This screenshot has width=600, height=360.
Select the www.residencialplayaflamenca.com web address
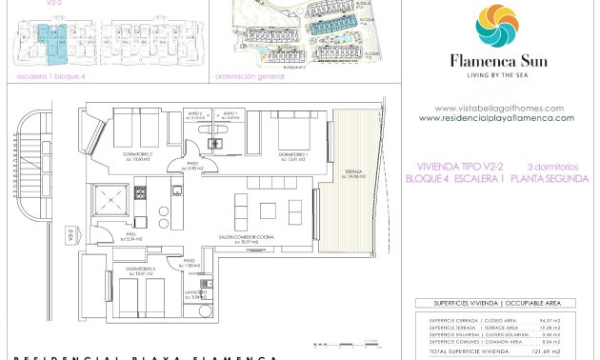[x=496, y=118]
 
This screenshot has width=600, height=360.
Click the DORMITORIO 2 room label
[x=137, y=155]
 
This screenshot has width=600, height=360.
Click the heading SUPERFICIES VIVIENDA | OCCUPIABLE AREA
[x=495, y=304]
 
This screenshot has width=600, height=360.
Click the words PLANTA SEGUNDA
[x=550, y=178]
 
